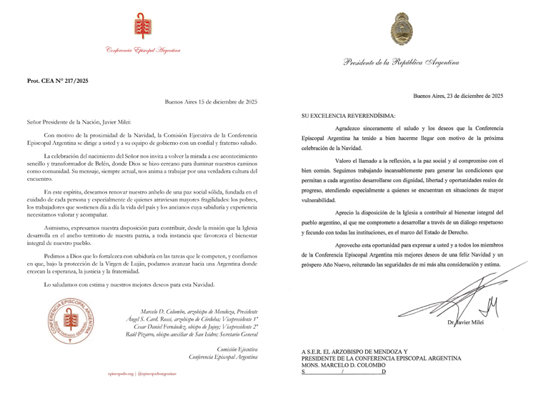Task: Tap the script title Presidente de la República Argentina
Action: [x=400, y=63]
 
